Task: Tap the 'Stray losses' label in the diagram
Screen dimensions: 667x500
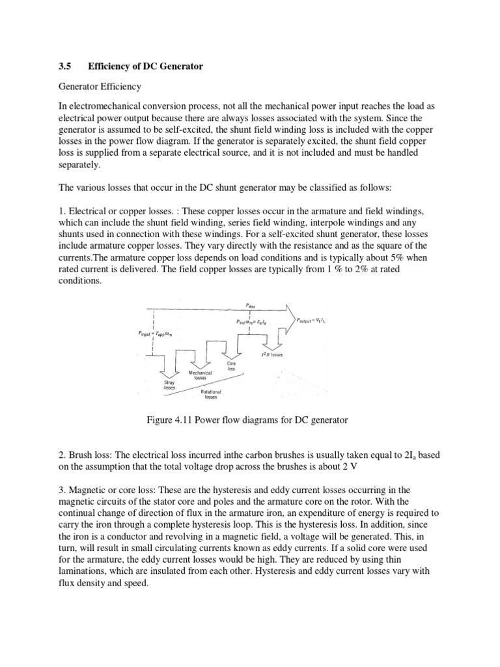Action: click(161, 384)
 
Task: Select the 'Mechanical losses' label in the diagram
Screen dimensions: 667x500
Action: click(197, 375)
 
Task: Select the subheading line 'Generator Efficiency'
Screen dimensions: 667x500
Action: click(100, 86)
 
